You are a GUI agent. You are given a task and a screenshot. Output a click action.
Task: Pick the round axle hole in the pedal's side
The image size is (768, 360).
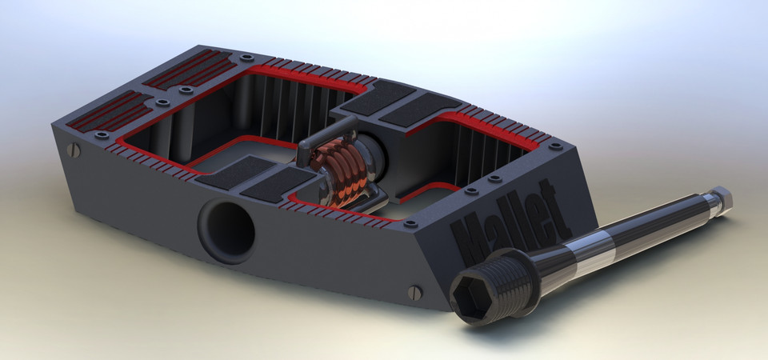226,230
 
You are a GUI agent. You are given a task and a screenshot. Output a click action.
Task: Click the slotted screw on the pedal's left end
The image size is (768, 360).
73,150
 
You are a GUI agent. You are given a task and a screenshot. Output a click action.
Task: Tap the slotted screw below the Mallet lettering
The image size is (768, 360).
414,293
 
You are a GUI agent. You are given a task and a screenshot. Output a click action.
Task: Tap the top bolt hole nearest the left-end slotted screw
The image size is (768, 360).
102,135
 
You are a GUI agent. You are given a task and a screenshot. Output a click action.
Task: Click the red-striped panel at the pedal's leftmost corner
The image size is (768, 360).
107,111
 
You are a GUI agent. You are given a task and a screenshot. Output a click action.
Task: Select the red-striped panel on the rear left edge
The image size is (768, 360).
188,68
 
